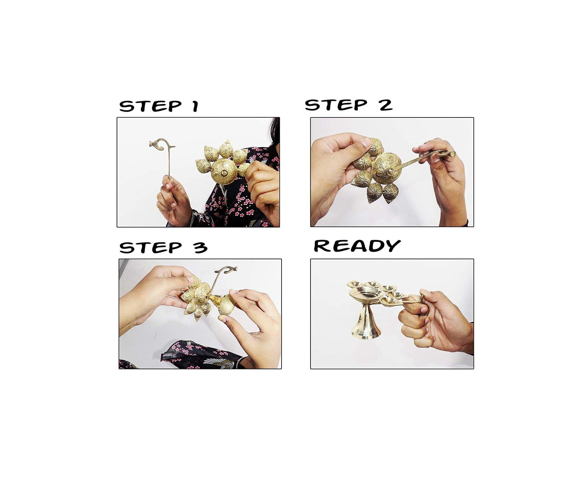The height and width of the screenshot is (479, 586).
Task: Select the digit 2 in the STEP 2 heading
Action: (385, 105)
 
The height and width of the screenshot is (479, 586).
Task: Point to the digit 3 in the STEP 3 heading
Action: (201, 248)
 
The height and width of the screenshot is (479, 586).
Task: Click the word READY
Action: (357, 246)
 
